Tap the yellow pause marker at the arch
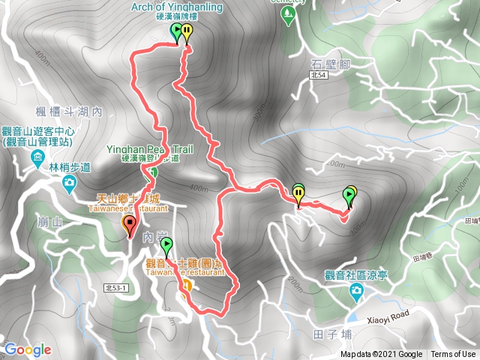(x=186, y=32)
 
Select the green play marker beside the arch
(x=176, y=31)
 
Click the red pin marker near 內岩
(x=129, y=223)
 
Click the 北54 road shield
(x=318, y=76)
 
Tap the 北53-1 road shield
(x=115, y=287)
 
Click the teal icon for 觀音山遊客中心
(x=37, y=158)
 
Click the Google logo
(x=27, y=349)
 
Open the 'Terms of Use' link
(x=452, y=355)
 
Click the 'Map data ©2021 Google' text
(x=381, y=355)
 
